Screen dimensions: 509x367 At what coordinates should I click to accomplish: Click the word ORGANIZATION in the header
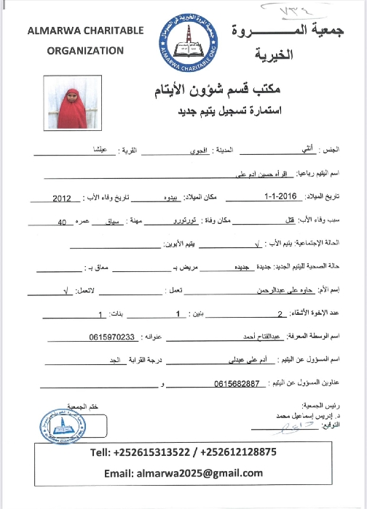(x=85, y=50)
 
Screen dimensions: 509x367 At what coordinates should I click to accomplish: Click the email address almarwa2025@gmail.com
(x=205, y=473)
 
